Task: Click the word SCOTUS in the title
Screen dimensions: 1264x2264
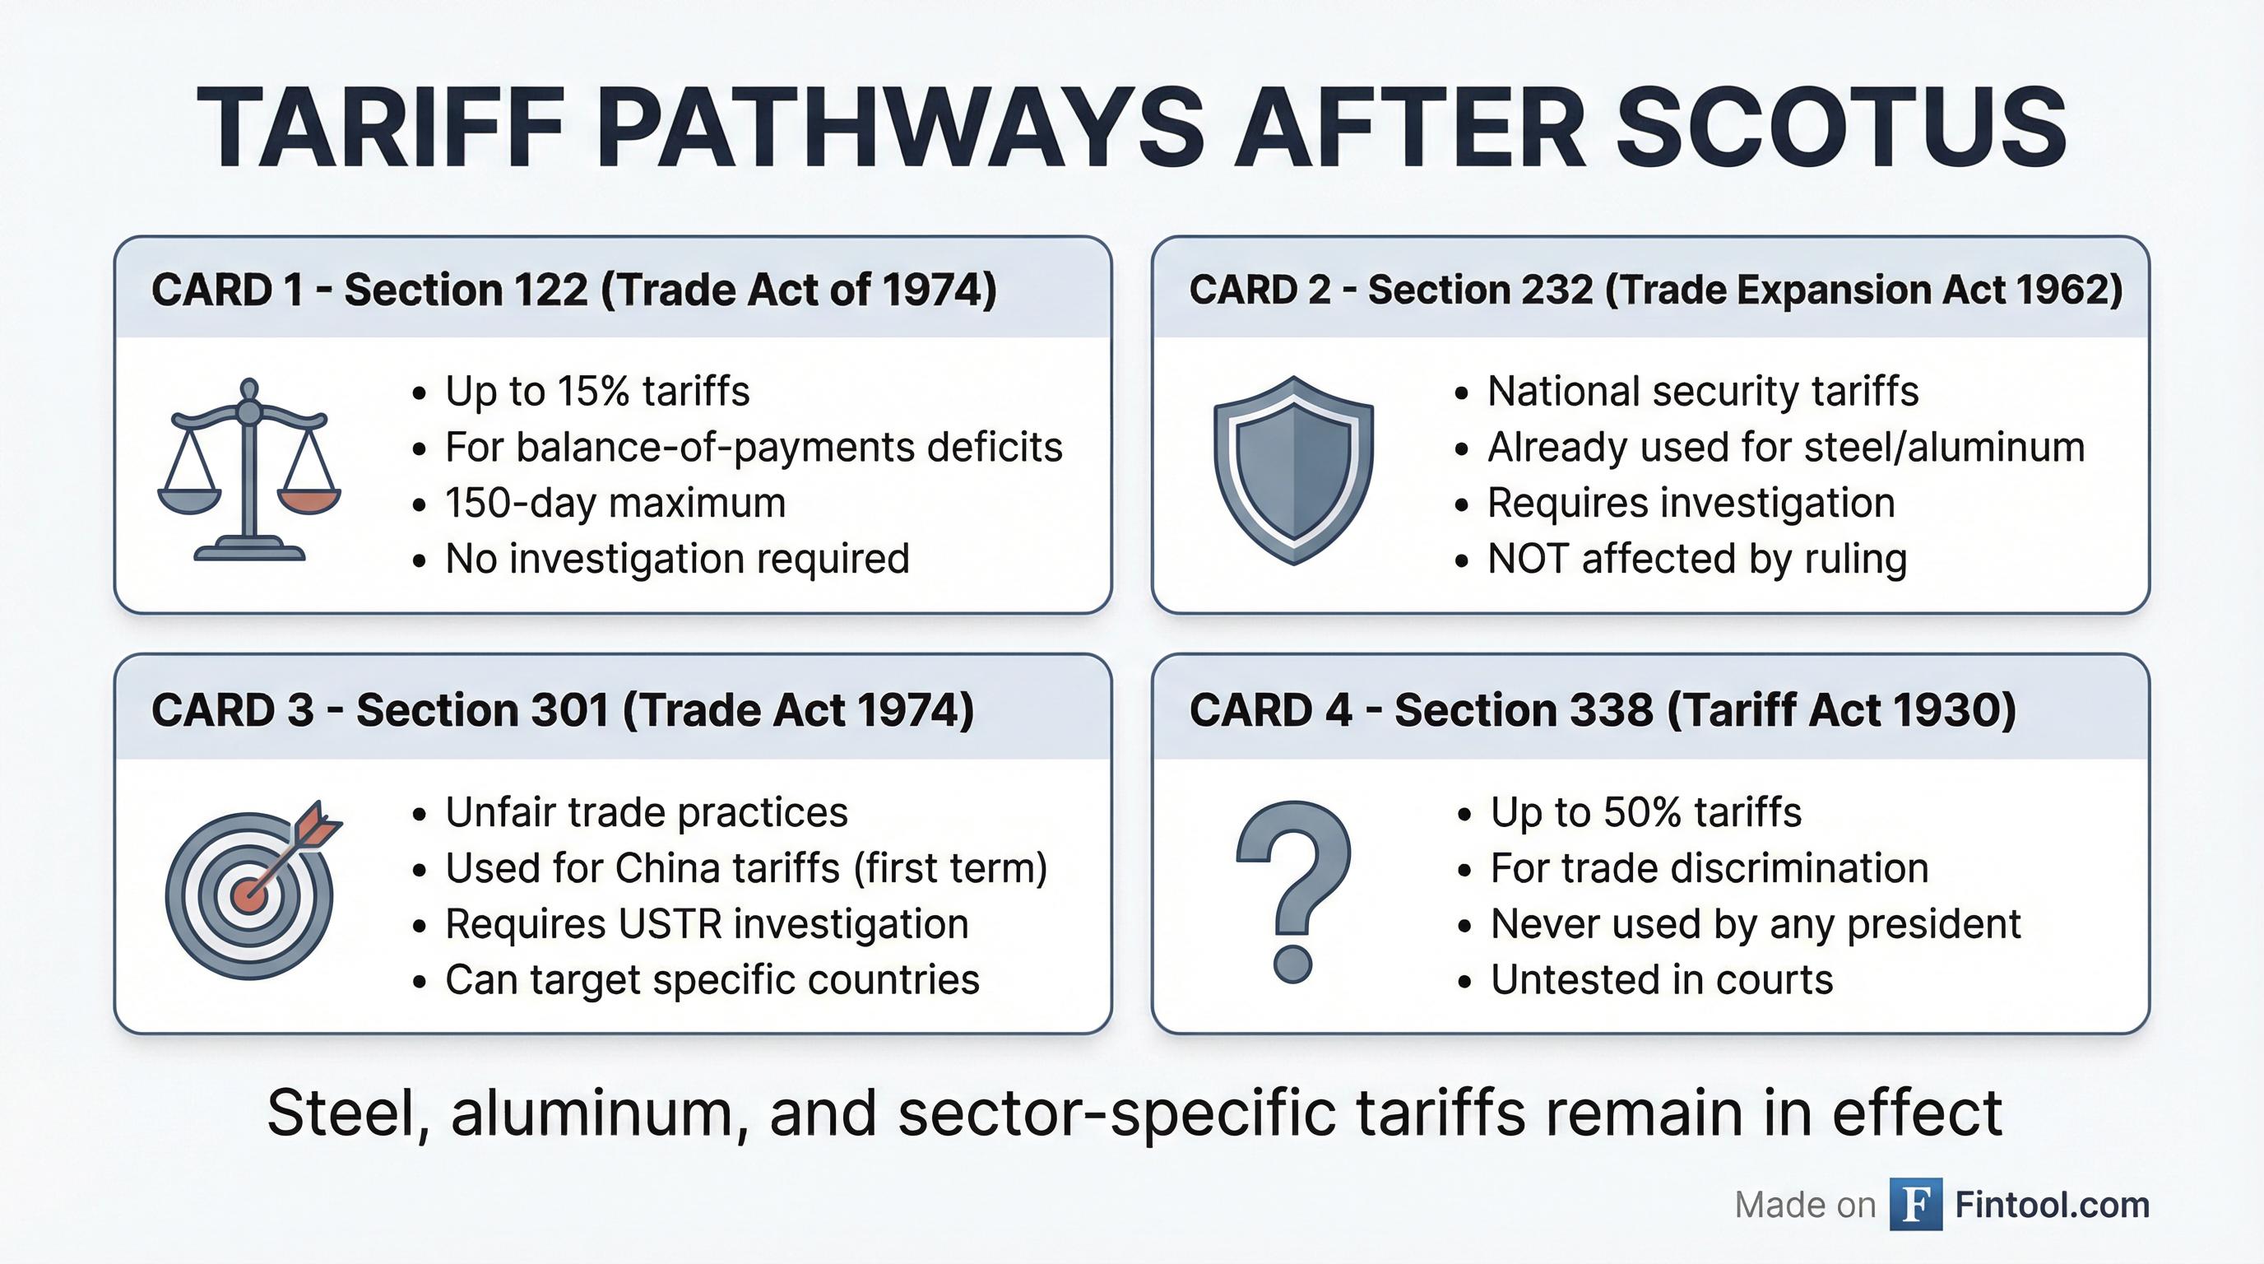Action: [1840, 129]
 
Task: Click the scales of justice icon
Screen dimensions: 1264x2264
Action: [249, 470]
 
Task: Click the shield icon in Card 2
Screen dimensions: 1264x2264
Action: [1293, 470]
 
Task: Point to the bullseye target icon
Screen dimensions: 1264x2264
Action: [249, 895]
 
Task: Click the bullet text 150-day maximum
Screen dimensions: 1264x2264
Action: [615, 504]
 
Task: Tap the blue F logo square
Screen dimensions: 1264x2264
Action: [1916, 1204]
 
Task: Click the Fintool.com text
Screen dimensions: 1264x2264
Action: [2051, 1204]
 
